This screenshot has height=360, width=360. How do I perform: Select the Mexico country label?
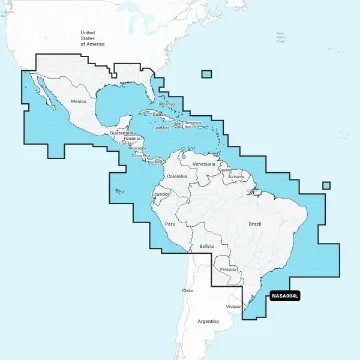pyautogui.click(x=80, y=103)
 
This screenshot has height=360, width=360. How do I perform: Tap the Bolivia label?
pyautogui.click(x=206, y=244)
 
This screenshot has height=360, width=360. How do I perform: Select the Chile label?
pyautogui.click(x=186, y=291)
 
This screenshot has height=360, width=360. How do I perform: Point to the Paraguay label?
pyautogui.click(x=229, y=268)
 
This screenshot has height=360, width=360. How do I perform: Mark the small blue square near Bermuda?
pyautogui.click(x=206, y=73)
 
